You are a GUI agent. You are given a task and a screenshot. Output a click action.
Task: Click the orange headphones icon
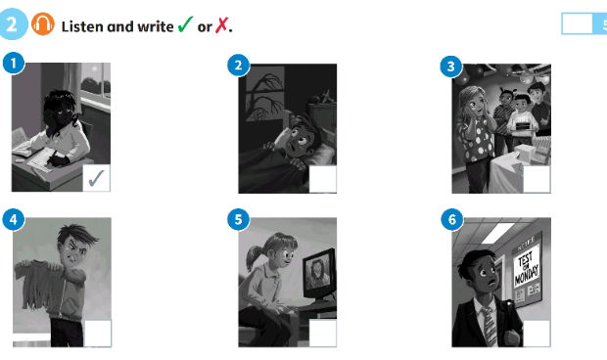[43, 24]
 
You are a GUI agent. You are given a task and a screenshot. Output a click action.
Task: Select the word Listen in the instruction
[81, 25]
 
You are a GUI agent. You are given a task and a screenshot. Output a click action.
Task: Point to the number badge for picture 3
[451, 66]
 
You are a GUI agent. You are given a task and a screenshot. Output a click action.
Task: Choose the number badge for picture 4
[12, 218]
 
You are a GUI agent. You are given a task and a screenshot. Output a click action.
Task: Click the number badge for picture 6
[451, 218]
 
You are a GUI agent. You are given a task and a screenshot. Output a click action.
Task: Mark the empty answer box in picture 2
[322, 179]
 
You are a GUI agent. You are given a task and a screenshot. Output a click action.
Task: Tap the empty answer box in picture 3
[537, 179]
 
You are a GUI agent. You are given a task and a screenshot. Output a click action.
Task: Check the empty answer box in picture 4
[97, 333]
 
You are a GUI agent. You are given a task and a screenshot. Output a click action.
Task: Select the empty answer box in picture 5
[322, 333]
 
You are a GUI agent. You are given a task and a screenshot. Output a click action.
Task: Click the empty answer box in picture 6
[537, 333]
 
